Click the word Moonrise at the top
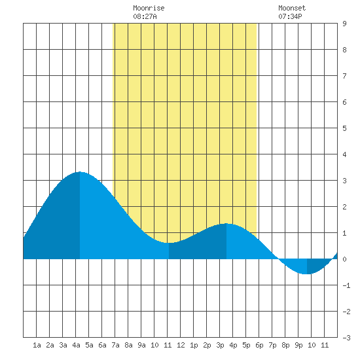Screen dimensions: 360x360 (149, 8)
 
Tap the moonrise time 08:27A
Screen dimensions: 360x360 (145, 16)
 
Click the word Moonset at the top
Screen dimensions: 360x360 (292, 8)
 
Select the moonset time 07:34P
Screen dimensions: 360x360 (290, 16)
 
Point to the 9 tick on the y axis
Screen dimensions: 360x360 (344, 24)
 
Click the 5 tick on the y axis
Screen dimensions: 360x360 (344, 128)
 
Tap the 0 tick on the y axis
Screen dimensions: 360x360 (344, 259)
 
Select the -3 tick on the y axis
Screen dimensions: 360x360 (346, 338)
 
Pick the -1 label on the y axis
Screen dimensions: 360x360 (346, 285)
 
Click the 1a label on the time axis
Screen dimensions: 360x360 (37, 345)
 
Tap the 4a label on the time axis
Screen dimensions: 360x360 (76, 345)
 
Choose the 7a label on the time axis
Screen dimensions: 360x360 (115, 345)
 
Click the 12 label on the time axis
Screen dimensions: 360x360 (181, 345)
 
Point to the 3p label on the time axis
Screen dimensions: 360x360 (220, 345)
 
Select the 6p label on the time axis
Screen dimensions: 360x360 (259, 345)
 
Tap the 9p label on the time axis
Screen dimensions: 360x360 (298, 345)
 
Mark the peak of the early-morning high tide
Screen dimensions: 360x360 (80, 171)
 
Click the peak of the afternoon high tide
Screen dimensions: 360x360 (226, 223)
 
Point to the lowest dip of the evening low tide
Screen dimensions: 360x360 (307, 274)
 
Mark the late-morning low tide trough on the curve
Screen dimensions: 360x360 (169, 243)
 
